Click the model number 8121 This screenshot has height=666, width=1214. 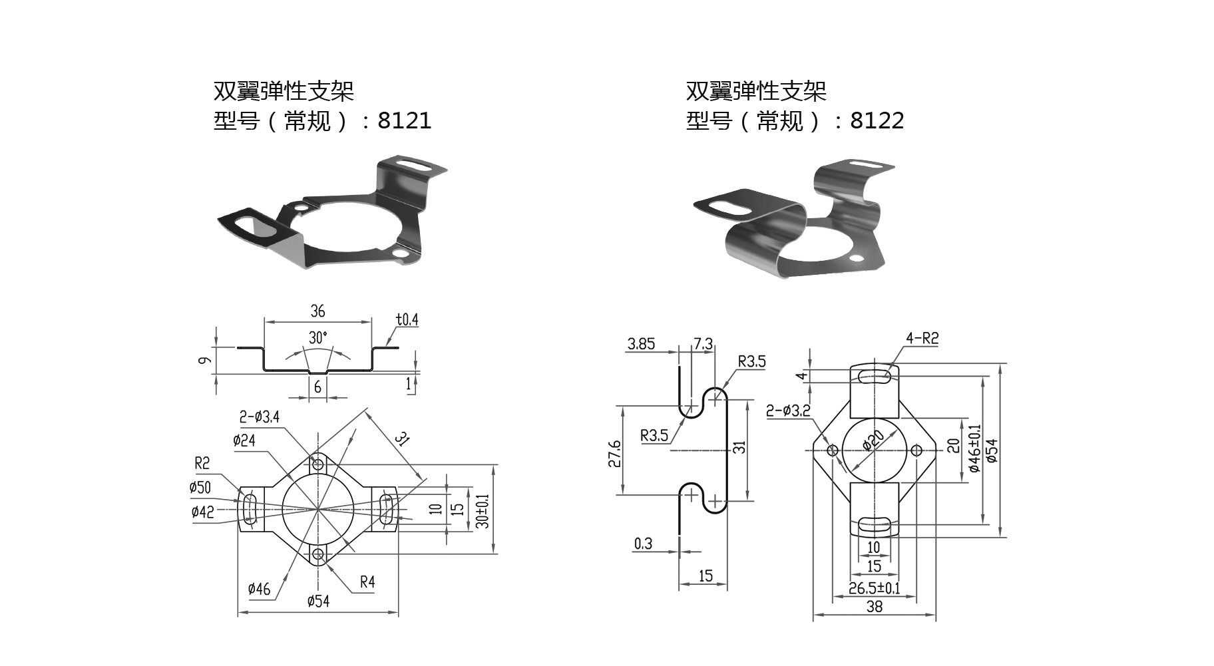click(405, 120)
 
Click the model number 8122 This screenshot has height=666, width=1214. click(877, 120)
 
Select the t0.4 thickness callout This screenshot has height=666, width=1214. click(407, 319)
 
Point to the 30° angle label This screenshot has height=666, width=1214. click(318, 337)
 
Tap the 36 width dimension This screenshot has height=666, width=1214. click(317, 311)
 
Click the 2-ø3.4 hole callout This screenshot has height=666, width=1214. click(260, 417)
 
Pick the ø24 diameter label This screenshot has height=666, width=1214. click(244, 440)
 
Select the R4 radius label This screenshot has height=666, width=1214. click(367, 582)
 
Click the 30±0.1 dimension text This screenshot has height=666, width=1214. click(483, 511)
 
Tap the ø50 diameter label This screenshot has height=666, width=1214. click(200, 488)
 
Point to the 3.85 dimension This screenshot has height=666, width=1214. click(641, 344)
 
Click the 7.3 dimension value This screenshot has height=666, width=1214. click(703, 344)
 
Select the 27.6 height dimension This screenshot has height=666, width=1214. click(614, 453)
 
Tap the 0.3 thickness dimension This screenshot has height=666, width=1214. click(643, 544)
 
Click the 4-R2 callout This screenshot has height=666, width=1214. click(922, 338)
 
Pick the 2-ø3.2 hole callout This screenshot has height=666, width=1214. click(788, 411)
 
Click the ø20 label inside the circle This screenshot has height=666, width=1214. click(873, 441)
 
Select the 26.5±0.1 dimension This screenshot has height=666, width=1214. click(874, 588)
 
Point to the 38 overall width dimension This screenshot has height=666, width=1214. click(875, 606)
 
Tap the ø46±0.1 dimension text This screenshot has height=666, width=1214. click(975, 448)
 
